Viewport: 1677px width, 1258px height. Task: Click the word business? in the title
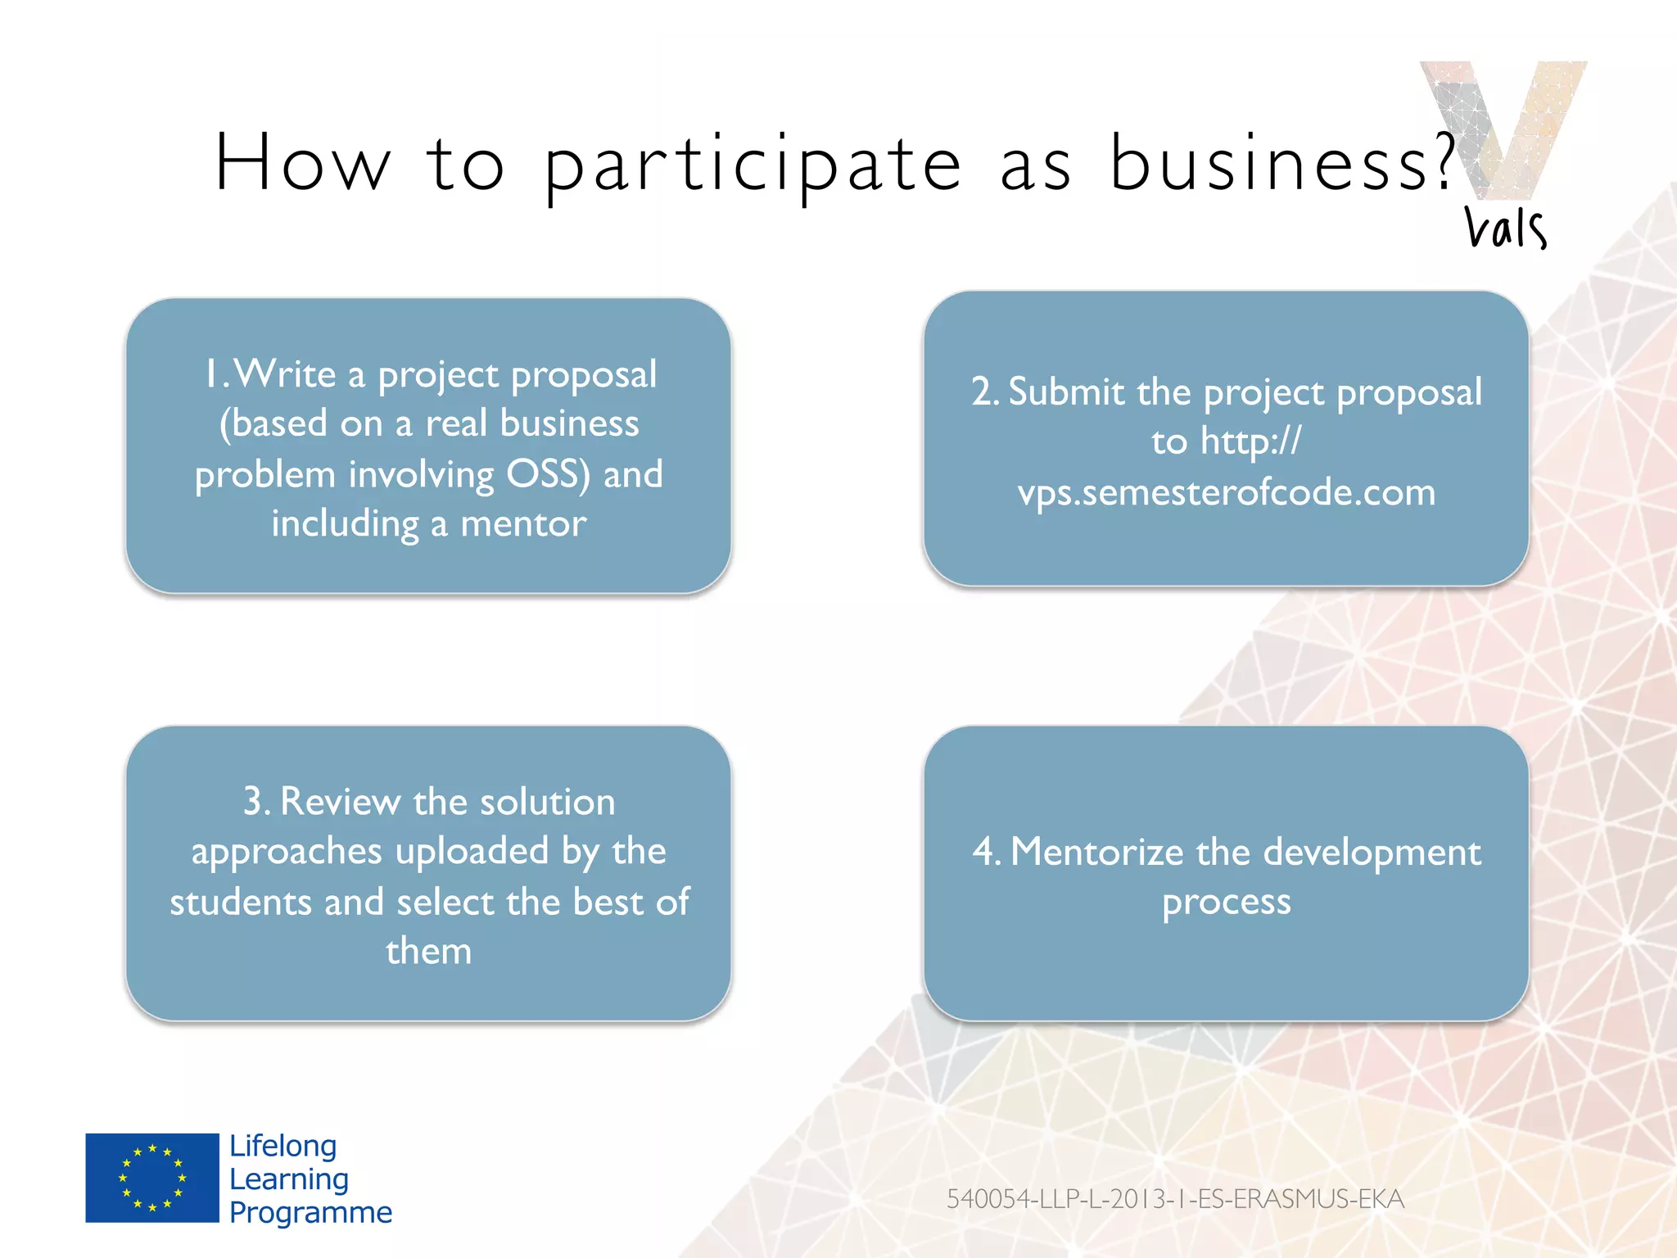(x=1281, y=164)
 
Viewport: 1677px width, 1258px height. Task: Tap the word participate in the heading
(x=752, y=168)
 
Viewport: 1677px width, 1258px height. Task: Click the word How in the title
(x=301, y=164)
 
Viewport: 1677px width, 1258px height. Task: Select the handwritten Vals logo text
(x=1505, y=228)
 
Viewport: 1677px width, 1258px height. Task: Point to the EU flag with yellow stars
(x=152, y=1178)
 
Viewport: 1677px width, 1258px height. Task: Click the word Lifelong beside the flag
(x=283, y=1146)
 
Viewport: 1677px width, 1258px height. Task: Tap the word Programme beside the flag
(x=310, y=1212)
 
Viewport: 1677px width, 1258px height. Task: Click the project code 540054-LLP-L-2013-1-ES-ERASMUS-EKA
(x=1175, y=1199)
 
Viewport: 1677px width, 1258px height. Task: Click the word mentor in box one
(x=523, y=524)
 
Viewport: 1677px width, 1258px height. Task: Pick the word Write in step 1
(x=285, y=374)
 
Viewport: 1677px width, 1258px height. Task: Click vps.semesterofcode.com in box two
(x=1226, y=492)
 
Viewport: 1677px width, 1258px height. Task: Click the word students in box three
(x=240, y=903)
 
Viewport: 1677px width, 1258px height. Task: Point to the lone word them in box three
(x=428, y=952)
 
